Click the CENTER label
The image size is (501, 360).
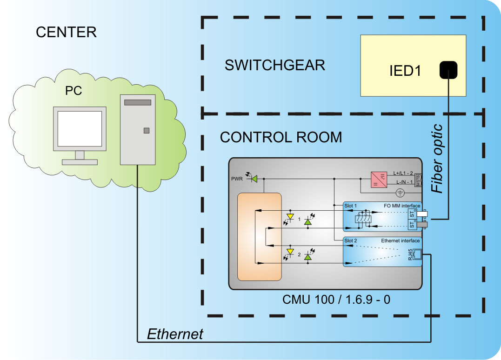click(66, 32)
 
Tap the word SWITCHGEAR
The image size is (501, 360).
click(274, 65)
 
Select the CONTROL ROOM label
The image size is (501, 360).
click(281, 137)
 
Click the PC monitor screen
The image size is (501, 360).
click(80, 128)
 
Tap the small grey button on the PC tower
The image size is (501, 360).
click(147, 131)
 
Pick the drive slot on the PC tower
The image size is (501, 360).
click(138, 102)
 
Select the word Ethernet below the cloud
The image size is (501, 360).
click(175, 334)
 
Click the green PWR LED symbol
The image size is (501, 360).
click(254, 178)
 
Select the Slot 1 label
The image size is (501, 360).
click(350, 205)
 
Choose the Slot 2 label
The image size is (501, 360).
click(350, 240)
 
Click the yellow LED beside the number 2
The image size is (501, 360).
click(291, 253)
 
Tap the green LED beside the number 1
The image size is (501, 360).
click(307, 221)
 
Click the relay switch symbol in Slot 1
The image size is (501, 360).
click(362, 220)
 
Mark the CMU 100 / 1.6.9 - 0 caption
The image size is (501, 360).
click(336, 299)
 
